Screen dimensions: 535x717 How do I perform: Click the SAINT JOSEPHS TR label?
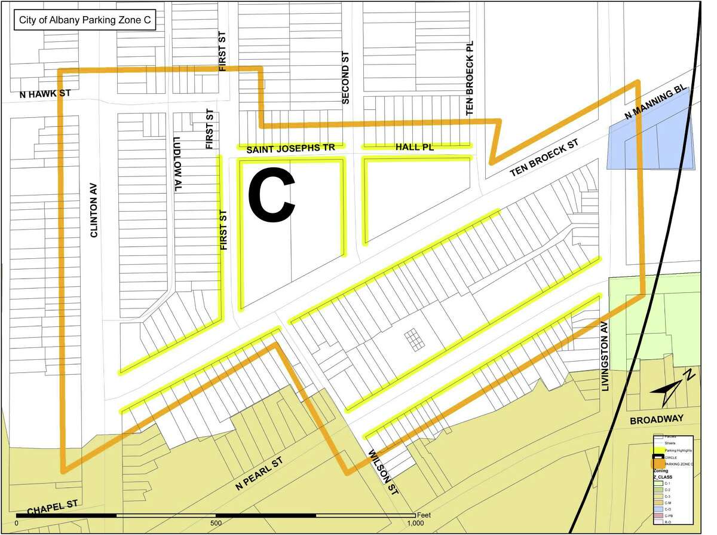pos(291,147)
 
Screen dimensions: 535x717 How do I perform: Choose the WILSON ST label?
pos(383,473)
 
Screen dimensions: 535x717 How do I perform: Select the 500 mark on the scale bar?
pos(216,522)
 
